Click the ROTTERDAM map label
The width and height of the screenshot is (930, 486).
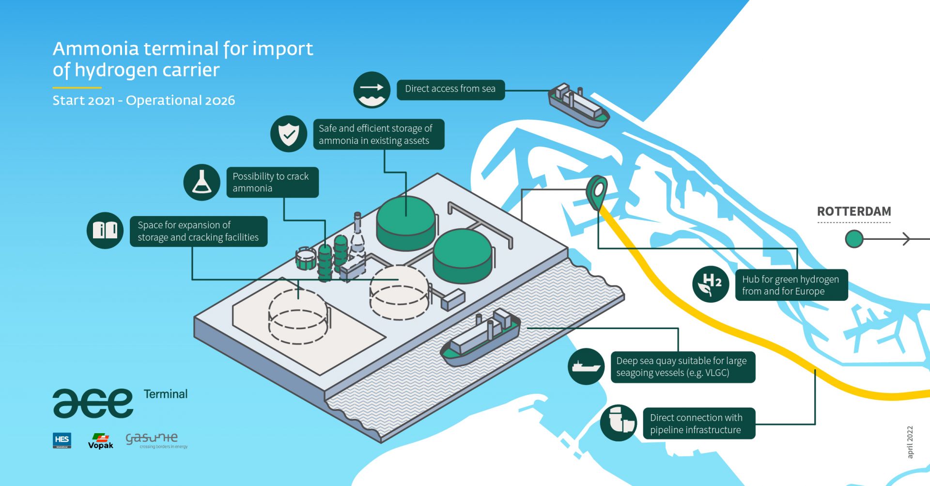853,212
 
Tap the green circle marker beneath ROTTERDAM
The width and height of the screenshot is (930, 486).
854,239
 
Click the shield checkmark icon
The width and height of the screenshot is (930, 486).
289,134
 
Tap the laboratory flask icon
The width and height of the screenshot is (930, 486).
201,182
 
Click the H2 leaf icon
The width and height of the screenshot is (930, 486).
710,284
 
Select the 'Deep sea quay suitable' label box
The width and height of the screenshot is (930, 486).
682,367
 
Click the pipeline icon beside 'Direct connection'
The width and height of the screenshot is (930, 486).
619,423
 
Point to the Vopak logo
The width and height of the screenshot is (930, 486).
100,441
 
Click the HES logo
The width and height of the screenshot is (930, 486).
62,440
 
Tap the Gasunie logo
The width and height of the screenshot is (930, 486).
155,440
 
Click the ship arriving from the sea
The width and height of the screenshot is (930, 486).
578,106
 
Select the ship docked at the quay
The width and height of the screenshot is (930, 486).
481,338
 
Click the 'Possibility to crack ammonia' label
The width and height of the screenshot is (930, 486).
272,182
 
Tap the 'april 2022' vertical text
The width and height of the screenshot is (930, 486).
910,442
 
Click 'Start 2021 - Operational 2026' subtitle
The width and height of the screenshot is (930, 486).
143,100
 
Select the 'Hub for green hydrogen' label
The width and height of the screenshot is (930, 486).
790,285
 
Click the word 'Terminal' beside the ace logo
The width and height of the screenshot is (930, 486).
165,394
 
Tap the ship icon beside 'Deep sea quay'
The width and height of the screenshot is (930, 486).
586,366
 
